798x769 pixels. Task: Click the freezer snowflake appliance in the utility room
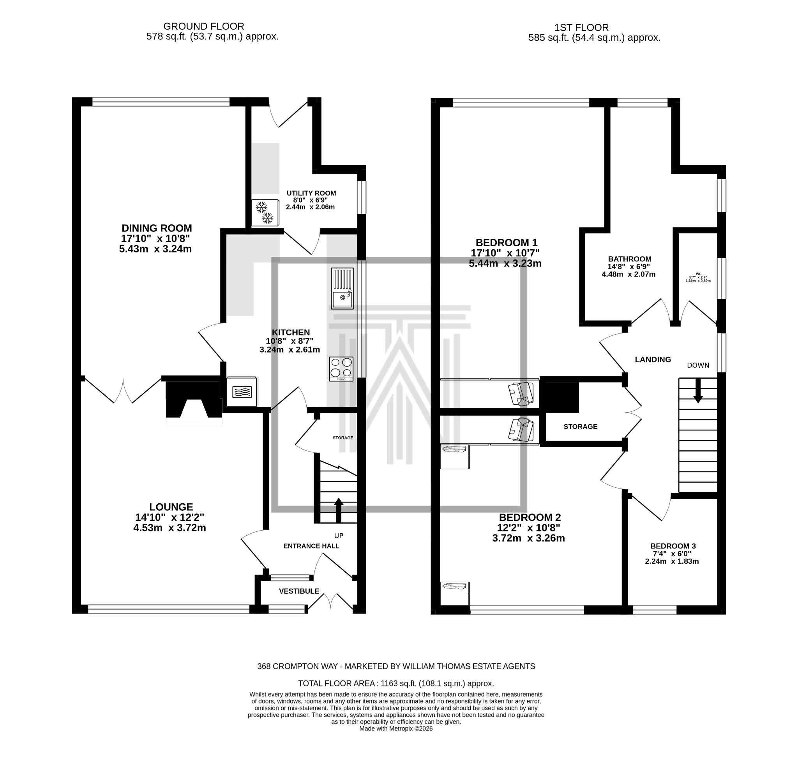pyautogui.click(x=265, y=212)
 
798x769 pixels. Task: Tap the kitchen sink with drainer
pyautogui.click(x=342, y=288)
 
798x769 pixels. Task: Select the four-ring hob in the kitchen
pyautogui.click(x=341, y=369)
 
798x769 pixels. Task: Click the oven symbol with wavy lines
pyautogui.click(x=242, y=392)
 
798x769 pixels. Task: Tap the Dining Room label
pyautogui.click(x=157, y=228)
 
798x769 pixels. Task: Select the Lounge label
pyautogui.click(x=171, y=507)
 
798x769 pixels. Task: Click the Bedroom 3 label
pyautogui.click(x=673, y=546)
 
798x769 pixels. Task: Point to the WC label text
pyautogui.click(x=698, y=274)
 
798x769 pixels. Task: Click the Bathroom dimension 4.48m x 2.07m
pyautogui.click(x=629, y=274)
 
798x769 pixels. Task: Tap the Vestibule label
pyautogui.click(x=299, y=591)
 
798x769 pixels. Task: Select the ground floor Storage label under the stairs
pyautogui.click(x=343, y=437)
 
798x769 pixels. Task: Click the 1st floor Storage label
pyautogui.click(x=580, y=427)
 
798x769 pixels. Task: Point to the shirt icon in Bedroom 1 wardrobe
pyautogui.click(x=521, y=394)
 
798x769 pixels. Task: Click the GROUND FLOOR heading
pyautogui.click(x=203, y=26)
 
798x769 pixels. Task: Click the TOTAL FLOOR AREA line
pyautogui.click(x=396, y=684)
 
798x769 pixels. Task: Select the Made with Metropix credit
pyautogui.click(x=396, y=729)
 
